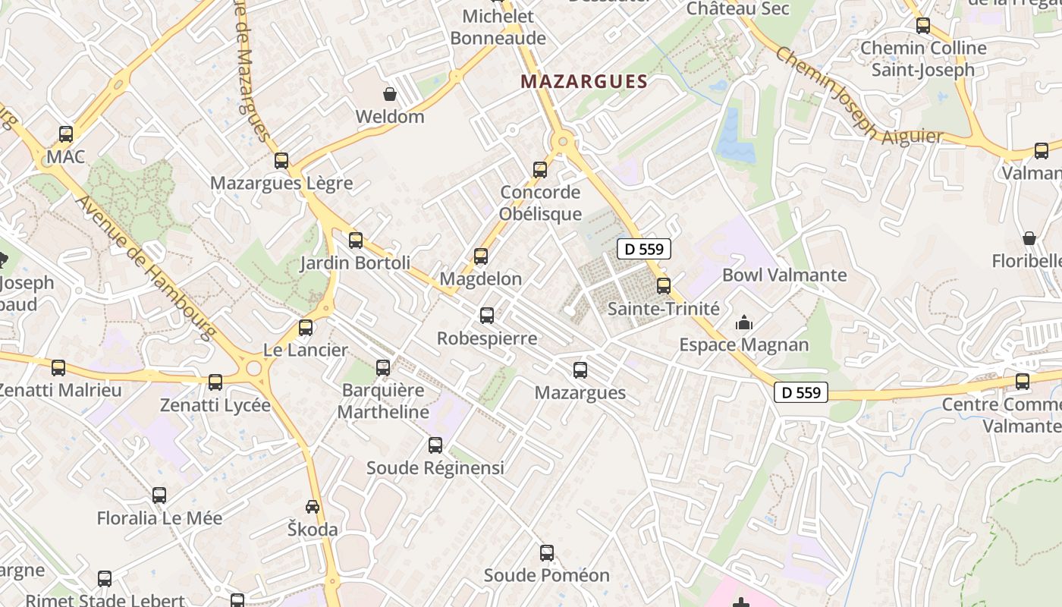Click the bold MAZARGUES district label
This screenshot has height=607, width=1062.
(584, 82)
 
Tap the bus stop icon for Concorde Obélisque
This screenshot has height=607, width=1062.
(540, 169)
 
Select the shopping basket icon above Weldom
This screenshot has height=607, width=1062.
(390, 94)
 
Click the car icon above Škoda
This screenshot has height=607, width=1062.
(313, 506)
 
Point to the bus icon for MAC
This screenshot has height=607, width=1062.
(66, 134)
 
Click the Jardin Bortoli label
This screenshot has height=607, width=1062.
(355, 263)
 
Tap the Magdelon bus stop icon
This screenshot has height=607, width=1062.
(481, 256)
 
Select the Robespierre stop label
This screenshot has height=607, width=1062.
(487, 338)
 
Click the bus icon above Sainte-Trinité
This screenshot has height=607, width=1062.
(664, 286)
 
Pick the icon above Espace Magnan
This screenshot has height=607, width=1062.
(744, 323)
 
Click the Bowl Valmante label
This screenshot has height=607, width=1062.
(784, 275)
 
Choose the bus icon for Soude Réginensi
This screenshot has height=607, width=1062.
(435, 445)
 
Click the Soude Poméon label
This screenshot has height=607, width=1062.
(547, 575)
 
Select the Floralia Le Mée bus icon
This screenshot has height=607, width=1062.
(159, 495)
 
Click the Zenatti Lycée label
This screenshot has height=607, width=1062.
(215, 405)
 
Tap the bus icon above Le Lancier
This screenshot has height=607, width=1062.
(306, 328)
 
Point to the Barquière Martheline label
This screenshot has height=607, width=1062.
(383, 401)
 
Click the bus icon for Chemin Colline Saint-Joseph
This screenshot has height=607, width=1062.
(923, 26)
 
